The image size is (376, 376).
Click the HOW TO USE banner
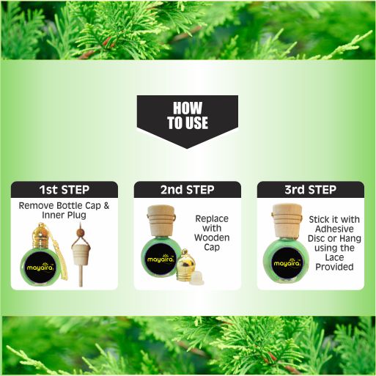click(188, 119)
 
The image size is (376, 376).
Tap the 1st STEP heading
click(64, 190)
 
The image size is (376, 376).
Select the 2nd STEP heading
click(188, 190)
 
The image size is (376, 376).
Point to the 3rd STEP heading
click(311, 190)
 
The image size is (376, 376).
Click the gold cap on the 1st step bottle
click(40, 236)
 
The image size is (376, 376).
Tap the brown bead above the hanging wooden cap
click(80, 232)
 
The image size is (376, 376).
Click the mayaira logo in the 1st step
click(40, 267)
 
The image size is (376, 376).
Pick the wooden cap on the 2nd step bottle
click(161, 221)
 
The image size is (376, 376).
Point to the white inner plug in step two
click(196, 279)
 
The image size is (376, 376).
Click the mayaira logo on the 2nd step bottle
click(160, 259)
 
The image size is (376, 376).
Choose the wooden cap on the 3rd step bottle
click(287, 221)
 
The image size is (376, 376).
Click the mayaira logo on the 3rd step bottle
click(287, 263)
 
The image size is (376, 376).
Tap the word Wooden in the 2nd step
click(212, 237)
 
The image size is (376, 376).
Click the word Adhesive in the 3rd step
click(334, 229)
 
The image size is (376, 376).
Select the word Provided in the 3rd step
click(334, 267)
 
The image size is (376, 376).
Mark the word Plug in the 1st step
click(76, 215)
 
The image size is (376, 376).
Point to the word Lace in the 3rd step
click(334, 257)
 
